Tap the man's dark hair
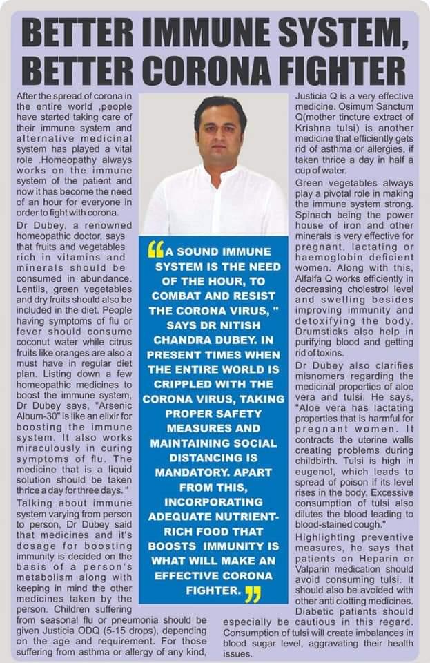(219, 107)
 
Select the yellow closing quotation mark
(253, 593)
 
